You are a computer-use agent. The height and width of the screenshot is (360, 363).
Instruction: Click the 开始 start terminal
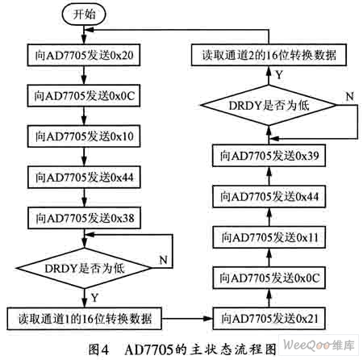pyautogui.click(x=84, y=14)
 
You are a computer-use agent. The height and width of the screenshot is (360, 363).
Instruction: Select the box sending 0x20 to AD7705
pyautogui.click(x=84, y=55)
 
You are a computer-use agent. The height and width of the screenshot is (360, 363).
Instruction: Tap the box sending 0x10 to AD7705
pyautogui.click(x=84, y=136)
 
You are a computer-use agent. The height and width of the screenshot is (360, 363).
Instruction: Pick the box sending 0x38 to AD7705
pyautogui.click(x=84, y=218)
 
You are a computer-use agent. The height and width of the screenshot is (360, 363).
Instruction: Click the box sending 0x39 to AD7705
pyautogui.click(x=269, y=156)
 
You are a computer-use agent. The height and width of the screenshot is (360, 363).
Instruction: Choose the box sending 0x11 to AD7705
pyautogui.click(x=269, y=237)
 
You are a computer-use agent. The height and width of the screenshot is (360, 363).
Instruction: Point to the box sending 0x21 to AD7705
pyautogui.click(x=269, y=319)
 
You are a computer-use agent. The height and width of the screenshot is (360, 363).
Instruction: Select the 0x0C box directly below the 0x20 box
pyautogui.click(x=84, y=96)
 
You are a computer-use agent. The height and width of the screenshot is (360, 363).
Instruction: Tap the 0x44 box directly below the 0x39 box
pyautogui.click(x=269, y=196)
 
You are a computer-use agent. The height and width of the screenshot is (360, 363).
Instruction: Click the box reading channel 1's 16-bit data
pyautogui.click(x=84, y=319)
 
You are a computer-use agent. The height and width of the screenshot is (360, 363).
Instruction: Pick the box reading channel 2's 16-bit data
pyautogui.click(x=269, y=55)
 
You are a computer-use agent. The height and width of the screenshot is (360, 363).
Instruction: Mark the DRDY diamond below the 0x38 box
pyautogui.click(x=84, y=268)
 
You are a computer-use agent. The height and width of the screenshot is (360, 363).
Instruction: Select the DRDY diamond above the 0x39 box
pyautogui.click(x=269, y=105)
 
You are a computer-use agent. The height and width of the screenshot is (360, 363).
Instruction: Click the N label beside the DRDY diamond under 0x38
pyautogui.click(x=164, y=260)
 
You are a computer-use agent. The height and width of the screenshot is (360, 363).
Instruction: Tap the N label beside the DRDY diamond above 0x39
pyautogui.click(x=350, y=96)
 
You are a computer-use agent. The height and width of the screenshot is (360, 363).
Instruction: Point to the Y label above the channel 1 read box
pyautogui.click(x=94, y=298)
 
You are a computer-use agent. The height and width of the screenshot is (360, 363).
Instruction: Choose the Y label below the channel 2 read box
pyautogui.click(x=280, y=75)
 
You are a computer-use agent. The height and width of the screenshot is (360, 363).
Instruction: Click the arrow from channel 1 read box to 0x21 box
pyautogui.click(x=187, y=319)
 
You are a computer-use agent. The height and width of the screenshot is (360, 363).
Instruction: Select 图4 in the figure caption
pyautogui.click(x=98, y=350)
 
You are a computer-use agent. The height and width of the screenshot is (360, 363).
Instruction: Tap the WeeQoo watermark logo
pyautogui.click(x=319, y=345)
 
